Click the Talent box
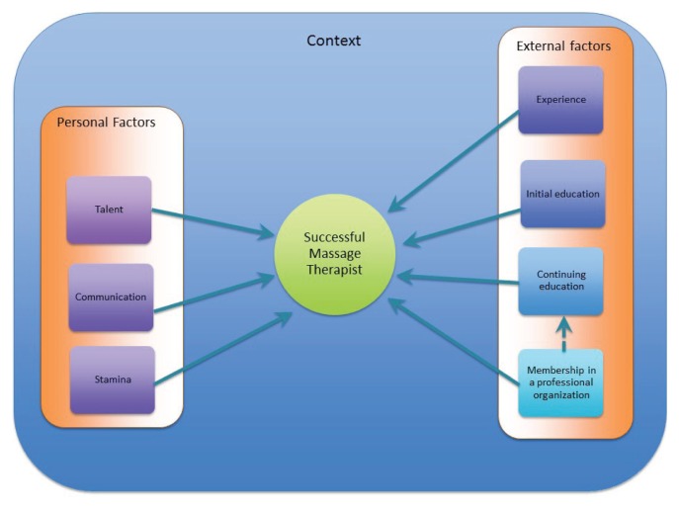click(x=109, y=210)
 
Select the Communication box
click(x=111, y=297)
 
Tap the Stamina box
click(x=111, y=380)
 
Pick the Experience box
click(x=560, y=100)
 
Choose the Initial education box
click(x=561, y=194)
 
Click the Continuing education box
click(x=560, y=281)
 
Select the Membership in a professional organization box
click(x=560, y=382)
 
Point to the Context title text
click(x=333, y=41)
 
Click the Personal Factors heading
click(x=106, y=123)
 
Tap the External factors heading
click(x=563, y=45)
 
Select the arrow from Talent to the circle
click(x=212, y=222)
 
